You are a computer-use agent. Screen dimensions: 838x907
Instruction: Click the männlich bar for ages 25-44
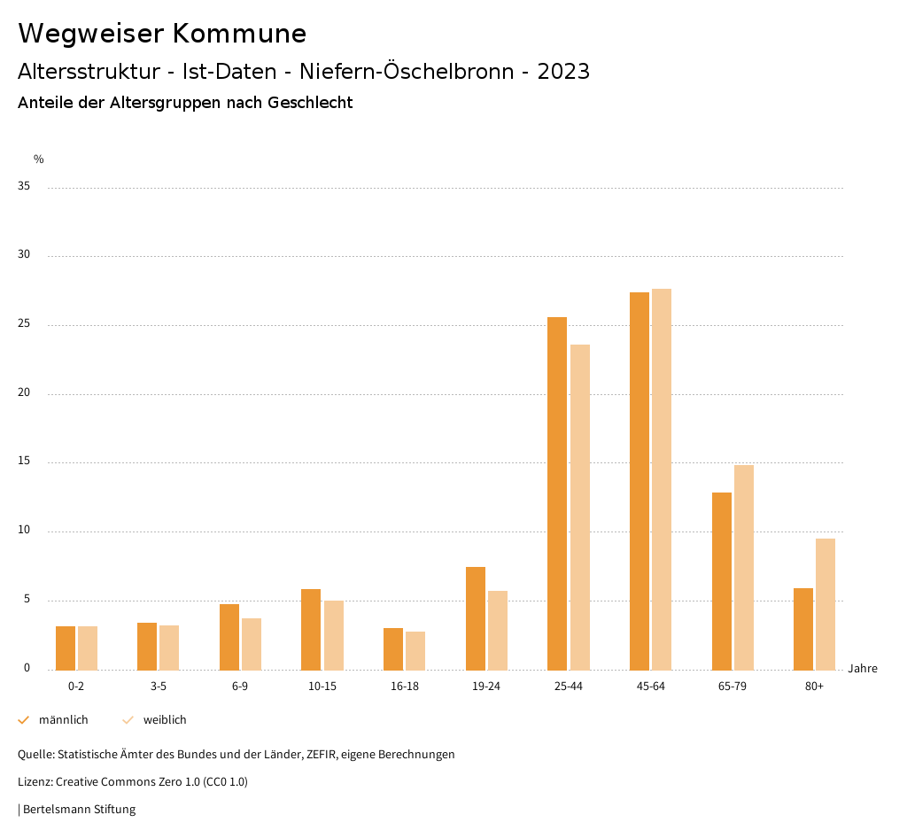(x=556, y=493)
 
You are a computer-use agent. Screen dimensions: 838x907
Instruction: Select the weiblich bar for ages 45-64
(x=662, y=479)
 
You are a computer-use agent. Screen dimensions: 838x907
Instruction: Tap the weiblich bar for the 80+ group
(x=826, y=604)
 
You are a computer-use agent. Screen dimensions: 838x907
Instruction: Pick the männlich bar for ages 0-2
(x=66, y=648)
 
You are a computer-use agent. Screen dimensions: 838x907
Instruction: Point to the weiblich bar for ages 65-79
(x=744, y=567)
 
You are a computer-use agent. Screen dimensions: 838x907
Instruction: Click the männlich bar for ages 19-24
(x=476, y=618)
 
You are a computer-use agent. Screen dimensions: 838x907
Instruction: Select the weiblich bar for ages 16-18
(x=415, y=650)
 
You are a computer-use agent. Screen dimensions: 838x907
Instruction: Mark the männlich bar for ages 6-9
(x=229, y=637)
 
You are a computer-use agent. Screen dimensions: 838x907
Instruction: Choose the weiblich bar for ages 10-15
(x=334, y=635)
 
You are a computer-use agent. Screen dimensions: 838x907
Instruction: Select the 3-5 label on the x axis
(x=158, y=687)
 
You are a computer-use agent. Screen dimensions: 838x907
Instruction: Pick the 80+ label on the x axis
(x=814, y=687)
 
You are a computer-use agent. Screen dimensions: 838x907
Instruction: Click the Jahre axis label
(x=862, y=669)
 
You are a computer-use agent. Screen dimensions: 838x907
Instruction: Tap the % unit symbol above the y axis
(x=38, y=159)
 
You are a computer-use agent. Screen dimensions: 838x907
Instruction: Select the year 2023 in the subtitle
(x=563, y=72)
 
